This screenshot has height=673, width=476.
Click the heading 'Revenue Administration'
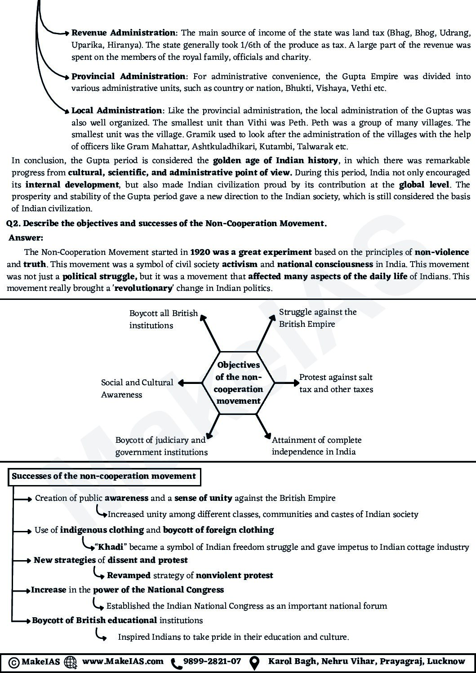(x=124, y=33)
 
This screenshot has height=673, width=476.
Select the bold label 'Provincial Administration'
(x=128, y=76)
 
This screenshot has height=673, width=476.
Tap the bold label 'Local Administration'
(x=117, y=111)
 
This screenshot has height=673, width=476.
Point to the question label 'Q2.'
(x=13, y=223)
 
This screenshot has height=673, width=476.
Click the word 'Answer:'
(x=26, y=238)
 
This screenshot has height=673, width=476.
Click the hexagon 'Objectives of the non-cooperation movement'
(x=238, y=383)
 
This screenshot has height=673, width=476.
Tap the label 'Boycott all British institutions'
(x=163, y=319)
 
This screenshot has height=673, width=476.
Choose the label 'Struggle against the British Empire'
(x=317, y=318)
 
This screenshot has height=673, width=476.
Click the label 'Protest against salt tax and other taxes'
(x=336, y=383)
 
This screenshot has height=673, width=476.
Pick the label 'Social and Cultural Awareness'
(x=137, y=388)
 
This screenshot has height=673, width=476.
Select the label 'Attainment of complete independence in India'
(x=316, y=446)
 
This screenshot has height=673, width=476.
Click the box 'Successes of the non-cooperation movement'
(x=104, y=476)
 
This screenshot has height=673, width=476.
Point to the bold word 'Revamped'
(x=129, y=575)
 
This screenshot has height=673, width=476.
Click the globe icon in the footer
(x=71, y=662)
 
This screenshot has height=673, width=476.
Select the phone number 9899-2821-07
(x=212, y=661)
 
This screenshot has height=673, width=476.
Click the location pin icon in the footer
(x=254, y=662)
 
